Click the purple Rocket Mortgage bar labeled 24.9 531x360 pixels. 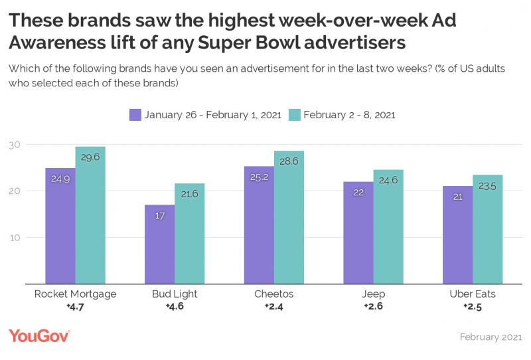[60, 226]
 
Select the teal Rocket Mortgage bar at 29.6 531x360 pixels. [90, 215]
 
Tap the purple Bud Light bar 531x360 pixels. [159, 244]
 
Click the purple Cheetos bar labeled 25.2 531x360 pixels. [259, 225]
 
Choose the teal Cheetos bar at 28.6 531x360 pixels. [289, 217]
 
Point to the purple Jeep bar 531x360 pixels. [358, 232]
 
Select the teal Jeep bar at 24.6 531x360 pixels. [388, 226]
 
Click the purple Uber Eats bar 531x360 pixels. [457, 235]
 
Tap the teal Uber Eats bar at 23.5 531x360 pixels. [488, 229]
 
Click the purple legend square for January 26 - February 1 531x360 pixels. [135, 114]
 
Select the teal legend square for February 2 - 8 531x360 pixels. [295, 114]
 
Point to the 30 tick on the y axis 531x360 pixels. [15, 145]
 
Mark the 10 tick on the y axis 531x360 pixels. [15, 238]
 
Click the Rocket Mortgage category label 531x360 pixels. [75, 294]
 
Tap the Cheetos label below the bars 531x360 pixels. [273, 294]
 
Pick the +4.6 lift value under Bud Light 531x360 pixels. [175, 306]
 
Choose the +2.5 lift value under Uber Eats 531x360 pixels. [473, 306]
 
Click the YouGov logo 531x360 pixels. [39, 336]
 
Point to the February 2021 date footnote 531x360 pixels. [491, 337]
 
